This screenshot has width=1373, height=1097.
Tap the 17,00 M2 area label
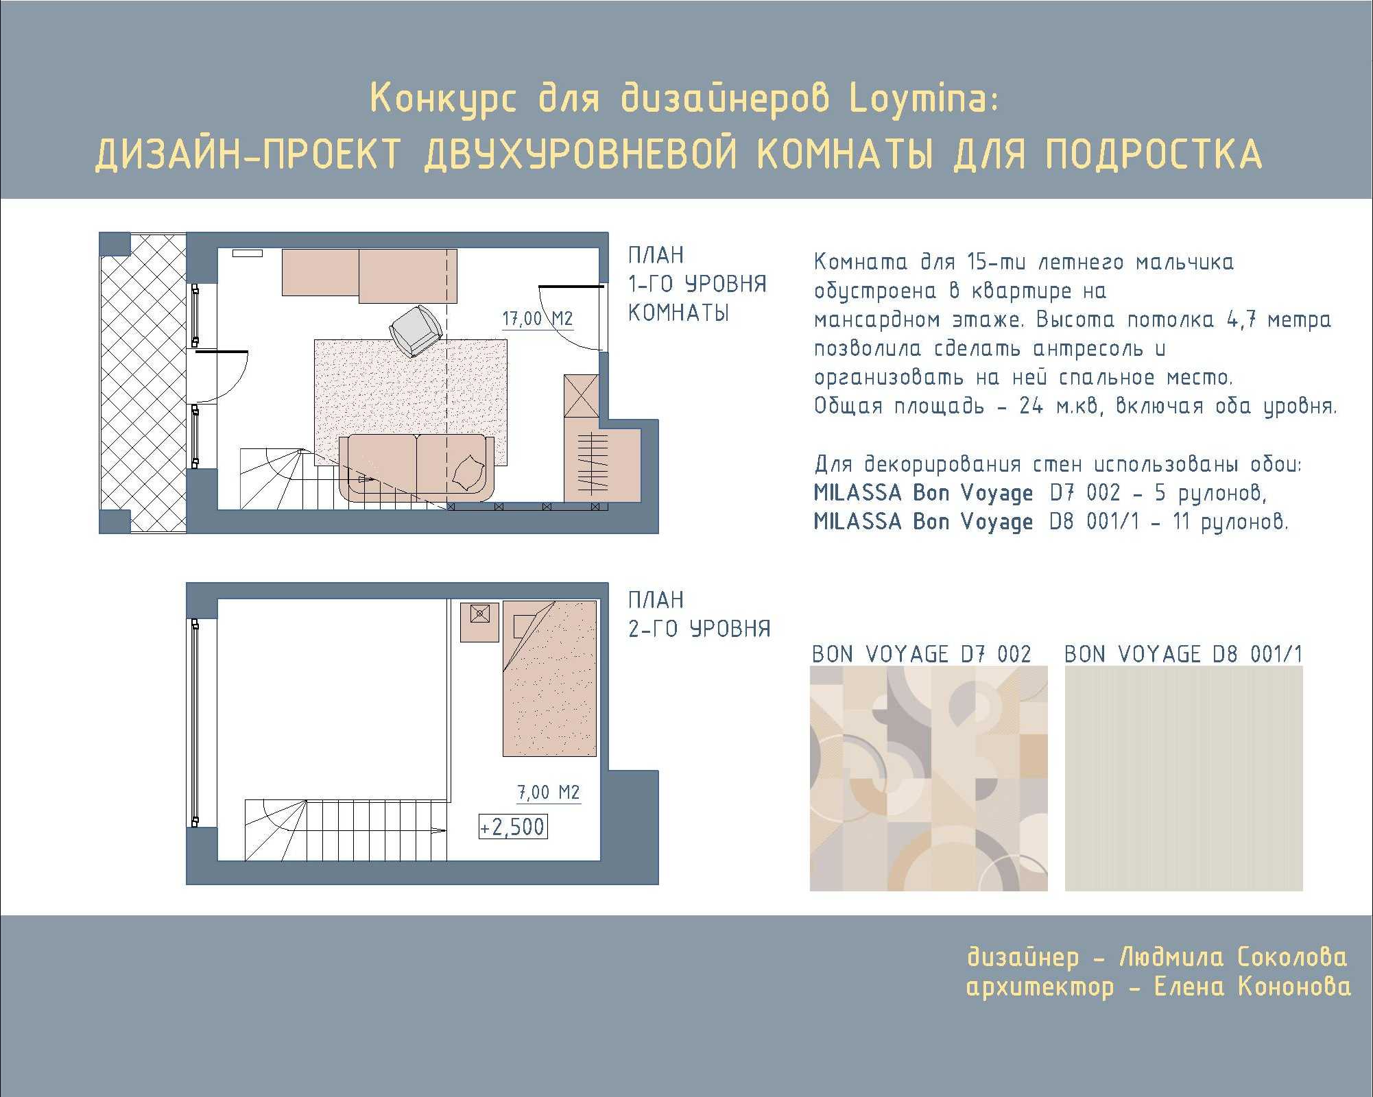pyautogui.click(x=537, y=320)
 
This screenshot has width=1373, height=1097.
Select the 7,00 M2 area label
pyautogui.click(x=548, y=793)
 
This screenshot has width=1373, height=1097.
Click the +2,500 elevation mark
pyautogui.click(x=513, y=827)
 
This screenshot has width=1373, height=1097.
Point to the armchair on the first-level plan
pyautogui.click(x=416, y=330)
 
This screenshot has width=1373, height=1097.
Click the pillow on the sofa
pyautogui.click(x=470, y=472)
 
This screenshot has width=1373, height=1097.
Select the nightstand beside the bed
pyautogui.click(x=479, y=622)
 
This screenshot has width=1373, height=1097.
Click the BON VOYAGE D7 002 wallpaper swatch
pyautogui.click(x=929, y=778)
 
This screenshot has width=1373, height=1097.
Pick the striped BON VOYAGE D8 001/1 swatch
pyautogui.click(x=1184, y=778)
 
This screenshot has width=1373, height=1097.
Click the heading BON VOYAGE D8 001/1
pyautogui.click(x=1183, y=654)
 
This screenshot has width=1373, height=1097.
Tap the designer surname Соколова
pyautogui.click(x=1292, y=957)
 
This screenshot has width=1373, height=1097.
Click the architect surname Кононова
pyautogui.click(x=1294, y=987)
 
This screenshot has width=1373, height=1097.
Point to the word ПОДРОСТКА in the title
pyautogui.click(x=1154, y=154)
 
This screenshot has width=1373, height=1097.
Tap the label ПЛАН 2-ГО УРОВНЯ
pyautogui.click(x=700, y=614)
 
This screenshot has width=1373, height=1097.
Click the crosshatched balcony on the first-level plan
pyautogui.click(x=143, y=383)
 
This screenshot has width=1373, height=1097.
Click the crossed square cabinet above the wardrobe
pyautogui.click(x=582, y=396)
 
